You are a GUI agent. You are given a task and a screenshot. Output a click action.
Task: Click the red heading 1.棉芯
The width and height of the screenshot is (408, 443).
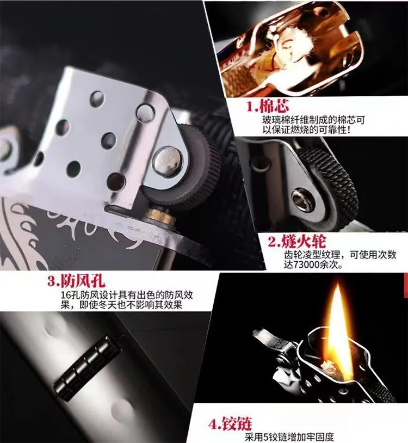click(x=268, y=106)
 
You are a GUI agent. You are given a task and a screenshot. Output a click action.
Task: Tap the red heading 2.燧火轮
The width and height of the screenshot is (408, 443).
click(x=297, y=242)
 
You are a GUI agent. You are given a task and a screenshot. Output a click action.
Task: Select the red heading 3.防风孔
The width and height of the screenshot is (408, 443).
click(x=76, y=280)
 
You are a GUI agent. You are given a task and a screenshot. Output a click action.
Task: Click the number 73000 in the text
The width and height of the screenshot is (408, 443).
click(x=306, y=265)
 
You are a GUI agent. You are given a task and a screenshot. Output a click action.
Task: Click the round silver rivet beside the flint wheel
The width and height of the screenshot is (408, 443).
click(x=167, y=161)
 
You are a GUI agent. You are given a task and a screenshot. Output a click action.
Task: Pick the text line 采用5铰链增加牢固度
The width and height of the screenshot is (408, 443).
click(x=289, y=437)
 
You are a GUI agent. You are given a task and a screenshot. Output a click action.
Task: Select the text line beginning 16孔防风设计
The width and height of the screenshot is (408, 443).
click(x=127, y=295)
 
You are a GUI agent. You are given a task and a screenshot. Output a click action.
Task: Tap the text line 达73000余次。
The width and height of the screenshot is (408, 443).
click(x=313, y=265)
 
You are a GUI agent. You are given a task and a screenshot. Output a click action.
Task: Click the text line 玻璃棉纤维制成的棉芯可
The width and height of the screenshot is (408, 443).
click(x=314, y=120)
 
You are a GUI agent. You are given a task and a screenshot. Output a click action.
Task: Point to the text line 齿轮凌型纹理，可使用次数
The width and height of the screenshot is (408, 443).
click(x=340, y=255)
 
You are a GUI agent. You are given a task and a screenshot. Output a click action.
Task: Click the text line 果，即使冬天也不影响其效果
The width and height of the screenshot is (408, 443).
click(x=121, y=305)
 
